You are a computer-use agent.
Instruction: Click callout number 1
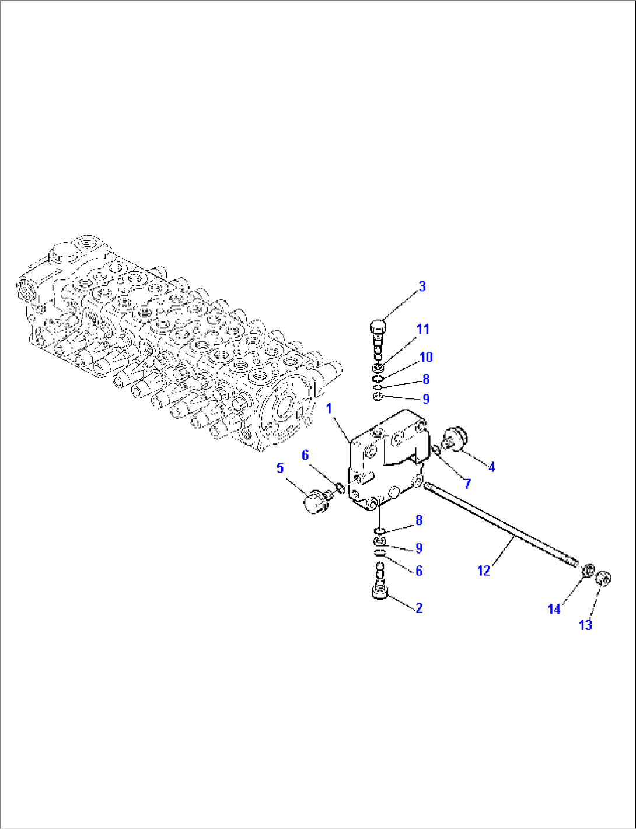tap(329, 408)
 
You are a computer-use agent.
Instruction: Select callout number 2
tap(419, 608)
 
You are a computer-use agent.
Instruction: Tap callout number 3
tap(422, 286)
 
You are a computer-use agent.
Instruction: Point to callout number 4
tap(491, 467)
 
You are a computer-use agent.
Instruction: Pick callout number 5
tap(280, 468)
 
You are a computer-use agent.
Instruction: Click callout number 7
tap(467, 484)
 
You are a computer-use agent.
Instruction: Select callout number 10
tap(426, 357)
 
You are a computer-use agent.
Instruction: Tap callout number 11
tap(423, 329)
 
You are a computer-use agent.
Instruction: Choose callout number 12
tap(484, 571)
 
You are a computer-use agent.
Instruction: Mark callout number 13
tap(585, 625)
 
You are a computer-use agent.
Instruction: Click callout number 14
tap(554, 609)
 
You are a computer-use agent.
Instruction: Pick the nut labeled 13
tap(604, 579)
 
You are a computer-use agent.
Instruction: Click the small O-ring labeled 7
tap(436, 449)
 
